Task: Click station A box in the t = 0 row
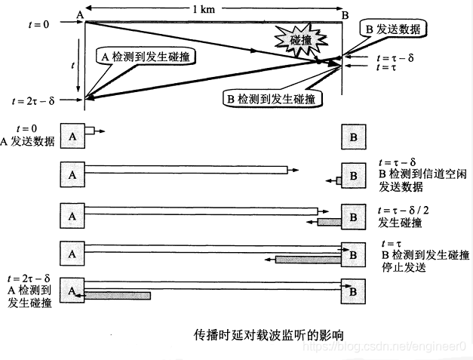(x=73, y=137)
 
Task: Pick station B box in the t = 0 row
(x=353, y=138)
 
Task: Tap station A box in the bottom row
(x=73, y=290)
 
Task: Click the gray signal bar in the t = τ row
(x=309, y=259)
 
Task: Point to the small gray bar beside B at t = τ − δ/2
(x=329, y=222)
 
